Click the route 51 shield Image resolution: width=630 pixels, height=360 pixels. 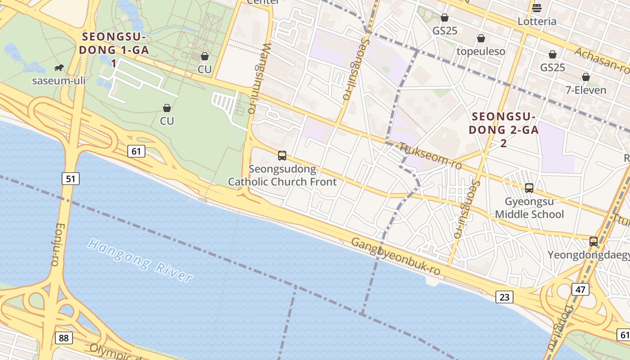[70, 179]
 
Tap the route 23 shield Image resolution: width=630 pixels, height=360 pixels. [504, 297]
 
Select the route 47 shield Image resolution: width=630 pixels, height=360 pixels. [580, 289]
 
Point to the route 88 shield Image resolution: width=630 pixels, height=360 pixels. [63, 337]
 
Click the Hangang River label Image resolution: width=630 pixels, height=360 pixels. [140, 260]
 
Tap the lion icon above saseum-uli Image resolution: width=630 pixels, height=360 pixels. [58, 68]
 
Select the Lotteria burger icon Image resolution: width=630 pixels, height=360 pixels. [536, 8]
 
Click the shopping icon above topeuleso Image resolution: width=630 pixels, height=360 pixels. [481, 38]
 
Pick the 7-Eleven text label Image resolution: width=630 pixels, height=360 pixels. [585, 90]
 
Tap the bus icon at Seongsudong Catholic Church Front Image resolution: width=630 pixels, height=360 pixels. [282, 156]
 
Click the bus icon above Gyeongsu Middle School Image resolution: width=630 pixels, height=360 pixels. [529, 188]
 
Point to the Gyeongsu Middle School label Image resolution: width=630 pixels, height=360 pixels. [529, 207]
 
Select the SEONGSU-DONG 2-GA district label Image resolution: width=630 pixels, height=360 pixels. [504, 130]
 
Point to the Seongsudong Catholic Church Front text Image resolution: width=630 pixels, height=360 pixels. [282, 175]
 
